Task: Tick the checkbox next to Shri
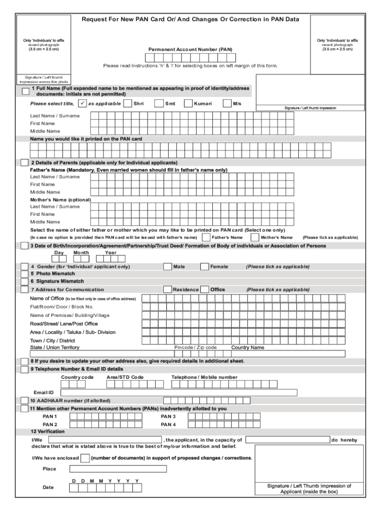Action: click(x=129, y=103)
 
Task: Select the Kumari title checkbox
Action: click(x=188, y=103)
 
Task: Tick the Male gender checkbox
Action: click(x=167, y=266)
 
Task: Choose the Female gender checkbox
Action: click(x=204, y=266)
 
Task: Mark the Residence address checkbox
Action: click(x=167, y=290)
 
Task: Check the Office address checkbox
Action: click(x=204, y=290)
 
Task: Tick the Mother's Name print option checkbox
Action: click(x=255, y=237)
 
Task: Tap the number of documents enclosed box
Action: click(x=85, y=458)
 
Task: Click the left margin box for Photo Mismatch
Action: click(x=24, y=274)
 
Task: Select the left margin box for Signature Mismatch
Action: click(x=24, y=281)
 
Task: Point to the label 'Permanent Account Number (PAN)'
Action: click(x=190, y=50)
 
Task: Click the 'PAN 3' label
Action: click(x=168, y=416)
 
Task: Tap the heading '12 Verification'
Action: click(x=48, y=432)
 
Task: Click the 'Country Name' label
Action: click(x=248, y=348)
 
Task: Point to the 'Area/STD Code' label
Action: click(x=125, y=377)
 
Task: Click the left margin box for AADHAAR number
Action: click(x=24, y=401)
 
